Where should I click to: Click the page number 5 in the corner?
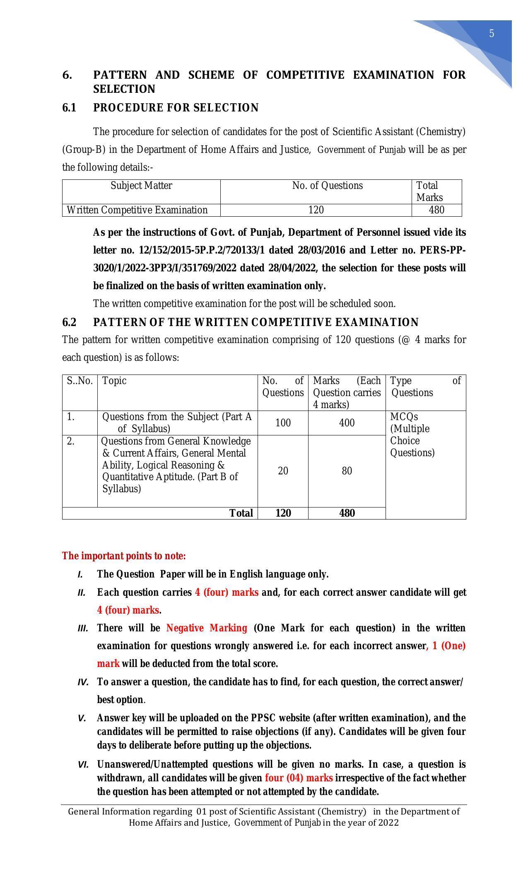click(x=492, y=34)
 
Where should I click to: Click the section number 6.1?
click(x=69, y=108)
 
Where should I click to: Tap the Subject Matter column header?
click(x=141, y=186)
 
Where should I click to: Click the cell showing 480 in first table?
click(x=436, y=210)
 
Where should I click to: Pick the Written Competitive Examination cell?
click(x=137, y=210)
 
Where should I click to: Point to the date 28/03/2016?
click(x=323, y=250)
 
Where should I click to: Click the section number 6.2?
click(x=69, y=322)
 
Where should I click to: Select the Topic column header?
click(x=114, y=380)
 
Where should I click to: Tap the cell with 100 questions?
click(x=283, y=423)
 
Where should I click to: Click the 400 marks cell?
click(x=347, y=423)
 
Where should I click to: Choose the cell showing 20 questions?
click(x=283, y=471)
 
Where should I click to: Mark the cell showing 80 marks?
click(x=347, y=471)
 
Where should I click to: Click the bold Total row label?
click(x=241, y=513)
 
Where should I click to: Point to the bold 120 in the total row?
click(x=283, y=513)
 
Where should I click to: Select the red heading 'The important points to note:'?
click(x=124, y=556)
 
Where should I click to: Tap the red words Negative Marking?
click(x=207, y=628)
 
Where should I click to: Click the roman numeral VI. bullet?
click(x=83, y=764)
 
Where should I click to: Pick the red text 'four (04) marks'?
click(x=299, y=778)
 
